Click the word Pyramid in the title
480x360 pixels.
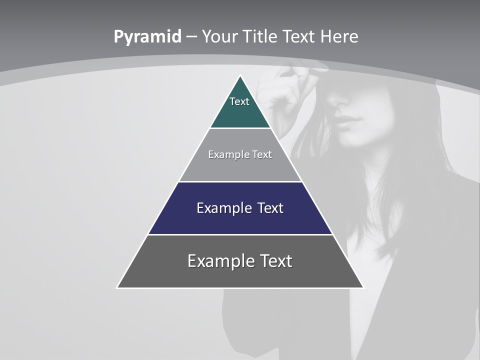pyautogui.click(x=147, y=37)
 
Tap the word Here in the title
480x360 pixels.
pyautogui.click(x=339, y=37)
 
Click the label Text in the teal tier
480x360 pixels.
pyautogui.click(x=239, y=101)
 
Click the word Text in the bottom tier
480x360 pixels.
pyautogui.click(x=275, y=261)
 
